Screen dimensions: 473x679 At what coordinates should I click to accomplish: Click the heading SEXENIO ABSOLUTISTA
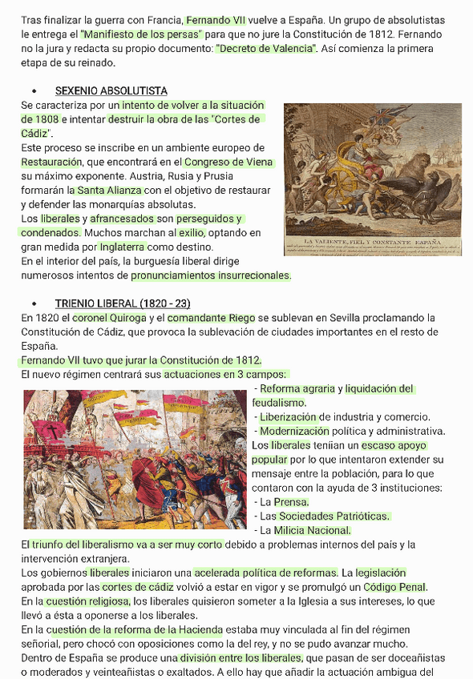111,91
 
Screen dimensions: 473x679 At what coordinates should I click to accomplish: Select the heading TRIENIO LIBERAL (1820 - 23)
122,303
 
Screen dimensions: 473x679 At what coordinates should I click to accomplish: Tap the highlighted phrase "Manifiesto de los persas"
141,34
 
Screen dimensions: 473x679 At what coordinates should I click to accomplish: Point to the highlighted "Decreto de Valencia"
266,49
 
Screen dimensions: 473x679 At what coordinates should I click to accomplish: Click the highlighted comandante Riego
212,318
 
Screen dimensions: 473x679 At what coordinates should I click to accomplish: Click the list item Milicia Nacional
312,530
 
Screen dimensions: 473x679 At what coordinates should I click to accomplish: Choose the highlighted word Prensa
291,502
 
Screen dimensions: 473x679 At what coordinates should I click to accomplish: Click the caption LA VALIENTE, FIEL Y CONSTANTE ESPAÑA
373,241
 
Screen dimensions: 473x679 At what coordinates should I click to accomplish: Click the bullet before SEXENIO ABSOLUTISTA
34,91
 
